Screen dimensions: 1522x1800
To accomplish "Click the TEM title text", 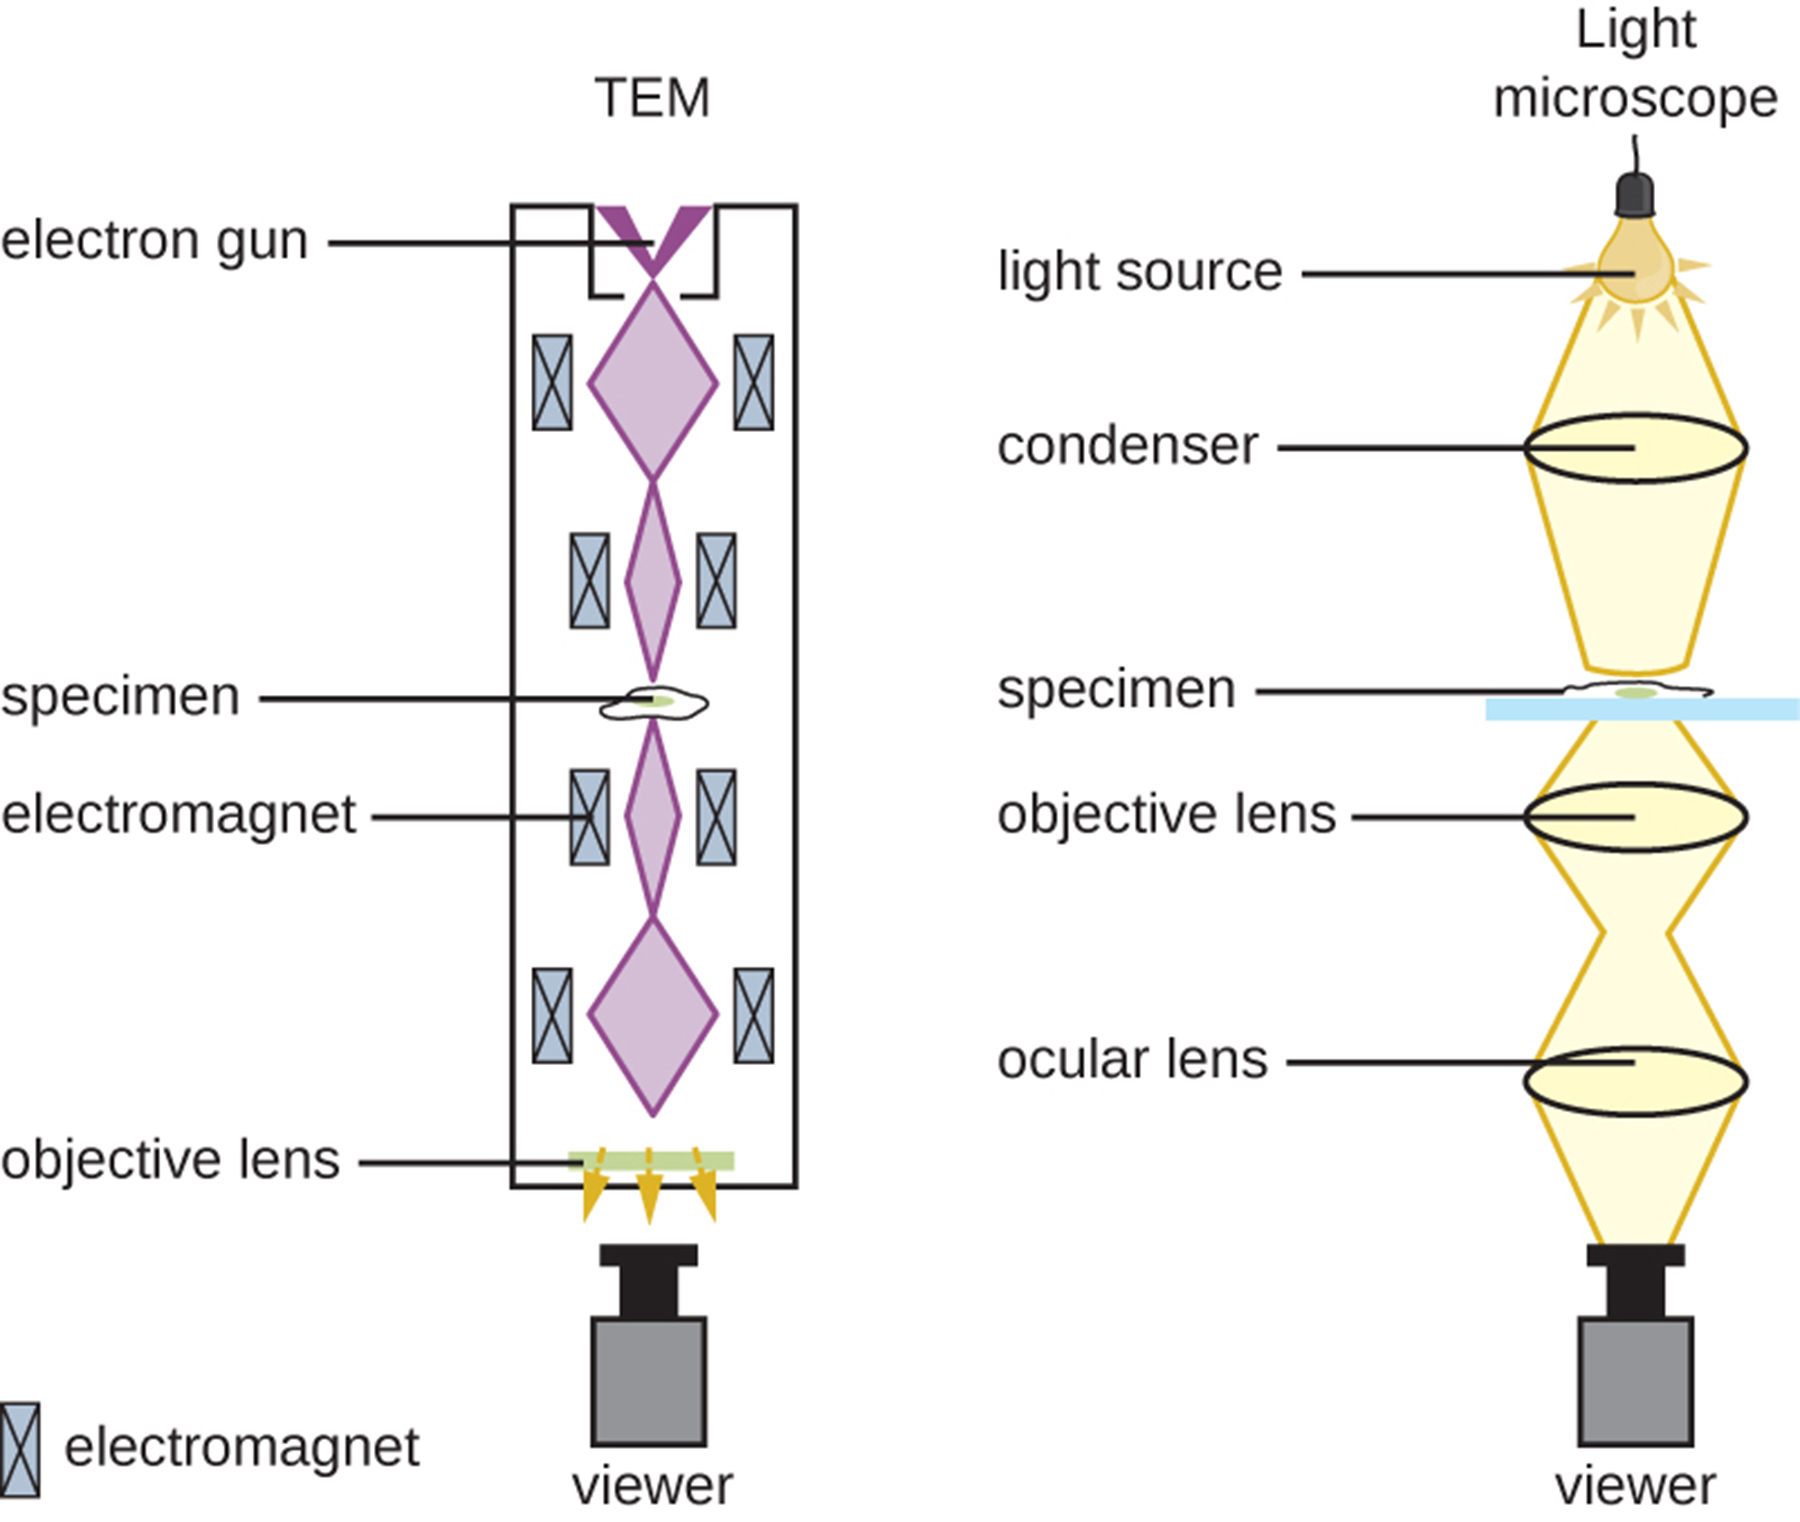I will coord(652,98).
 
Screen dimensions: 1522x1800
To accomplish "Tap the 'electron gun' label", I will coord(154,241).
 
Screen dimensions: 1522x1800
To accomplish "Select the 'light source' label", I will coord(1139,271).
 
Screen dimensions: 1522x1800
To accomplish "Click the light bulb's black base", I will coord(1635,196).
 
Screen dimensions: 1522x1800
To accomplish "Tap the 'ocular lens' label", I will coord(1132,1059).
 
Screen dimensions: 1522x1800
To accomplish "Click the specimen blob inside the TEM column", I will coord(653,703).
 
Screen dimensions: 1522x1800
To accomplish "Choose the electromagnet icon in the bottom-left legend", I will coord(19,1449).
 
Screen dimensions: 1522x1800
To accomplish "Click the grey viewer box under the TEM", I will coord(649,1380).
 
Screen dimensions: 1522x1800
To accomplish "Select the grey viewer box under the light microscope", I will coord(1635,1380).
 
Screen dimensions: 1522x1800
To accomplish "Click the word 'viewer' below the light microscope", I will coord(1635,1487).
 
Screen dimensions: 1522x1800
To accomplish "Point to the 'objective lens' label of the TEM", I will coord(170,1160).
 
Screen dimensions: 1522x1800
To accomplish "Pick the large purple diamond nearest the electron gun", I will coord(652,383).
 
